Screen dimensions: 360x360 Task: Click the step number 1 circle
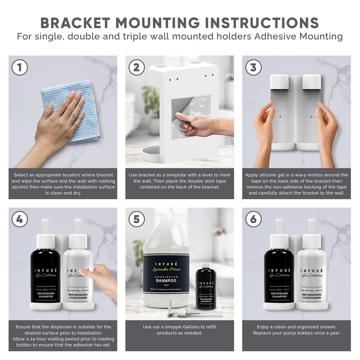coord(20,67)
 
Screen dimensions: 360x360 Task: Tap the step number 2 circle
coord(137,67)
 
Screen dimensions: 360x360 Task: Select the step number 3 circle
coord(253,67)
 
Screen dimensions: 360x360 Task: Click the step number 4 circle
coord(20,219)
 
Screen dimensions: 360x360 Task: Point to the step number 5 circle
coord(137,219)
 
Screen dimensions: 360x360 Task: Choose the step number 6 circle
coord(253,219)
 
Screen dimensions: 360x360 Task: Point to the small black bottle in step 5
coord(206,288)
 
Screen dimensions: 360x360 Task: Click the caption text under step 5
coord(179,330)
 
